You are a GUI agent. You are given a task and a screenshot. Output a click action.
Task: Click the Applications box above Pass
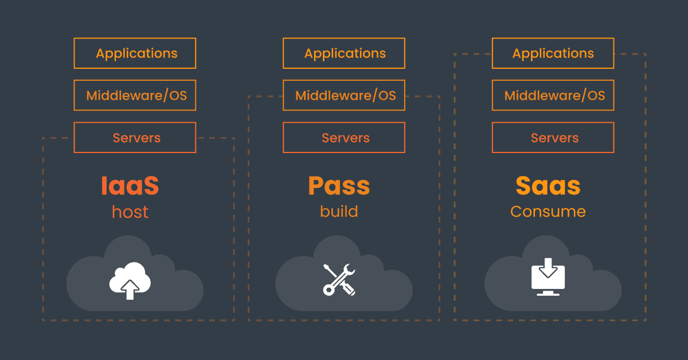coord(344,53)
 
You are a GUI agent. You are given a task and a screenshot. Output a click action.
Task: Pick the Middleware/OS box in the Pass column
coord(344,95)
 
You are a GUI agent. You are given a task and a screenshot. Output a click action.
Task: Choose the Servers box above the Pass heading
coord(344,138)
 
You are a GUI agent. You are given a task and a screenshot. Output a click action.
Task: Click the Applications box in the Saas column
coord(553,53)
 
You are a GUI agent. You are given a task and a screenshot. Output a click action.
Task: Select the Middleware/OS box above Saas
coord(553,95)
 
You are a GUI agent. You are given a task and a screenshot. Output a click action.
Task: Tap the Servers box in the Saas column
coord(553,138)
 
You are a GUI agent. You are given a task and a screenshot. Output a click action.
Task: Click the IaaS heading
coord(130,186)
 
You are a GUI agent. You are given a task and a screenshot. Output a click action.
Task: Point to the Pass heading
coord(339,186)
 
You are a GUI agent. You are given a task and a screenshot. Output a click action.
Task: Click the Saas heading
coord(548,186)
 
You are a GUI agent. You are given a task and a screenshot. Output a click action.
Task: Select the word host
coord(130,212)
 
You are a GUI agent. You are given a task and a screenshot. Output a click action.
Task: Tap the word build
coord(339,211)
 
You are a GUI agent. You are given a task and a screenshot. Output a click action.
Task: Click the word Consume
coord(548,211)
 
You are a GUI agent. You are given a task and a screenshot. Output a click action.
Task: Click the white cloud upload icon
coord(130,280)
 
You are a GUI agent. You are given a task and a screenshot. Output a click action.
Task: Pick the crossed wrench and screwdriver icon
coord(339,280)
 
